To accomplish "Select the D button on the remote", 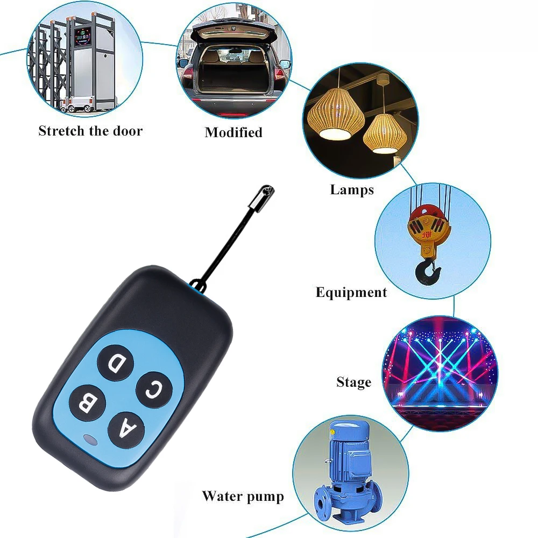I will (x=115, y=363).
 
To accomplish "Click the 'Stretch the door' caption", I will (x=90, y=131).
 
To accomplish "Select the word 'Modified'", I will (x=233, y=132).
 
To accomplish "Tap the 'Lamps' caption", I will (x=352, y=189).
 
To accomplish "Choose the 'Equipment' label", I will (x=351, y=292).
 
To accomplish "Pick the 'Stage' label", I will (x=353, y=383).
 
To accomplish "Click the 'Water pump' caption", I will (x=243, y=495).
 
